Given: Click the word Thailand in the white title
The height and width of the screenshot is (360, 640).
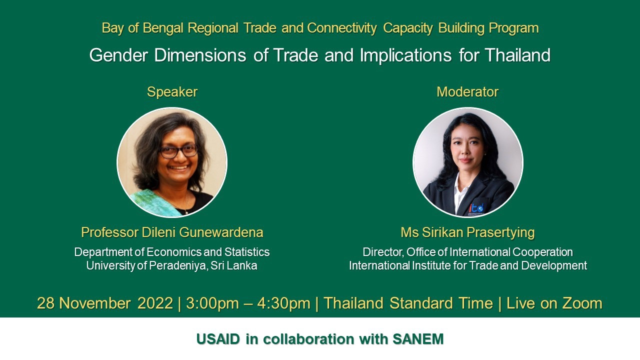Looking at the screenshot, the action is (x=517, y=55).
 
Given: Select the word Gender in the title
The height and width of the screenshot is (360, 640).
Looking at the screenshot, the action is (x=118, y=55).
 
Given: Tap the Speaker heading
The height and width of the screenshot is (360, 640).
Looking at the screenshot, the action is (x=172, y=92).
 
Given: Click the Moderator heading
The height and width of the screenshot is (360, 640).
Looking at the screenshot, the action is (x=467, y=92).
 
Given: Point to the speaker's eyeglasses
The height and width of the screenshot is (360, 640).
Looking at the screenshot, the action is (x=179, y=151).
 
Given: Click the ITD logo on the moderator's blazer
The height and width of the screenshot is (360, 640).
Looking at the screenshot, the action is (x=476, y=208).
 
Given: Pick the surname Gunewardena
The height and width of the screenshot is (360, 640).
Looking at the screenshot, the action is (x=221, y=232).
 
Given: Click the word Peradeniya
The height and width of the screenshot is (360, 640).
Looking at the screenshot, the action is (x=177, y=265).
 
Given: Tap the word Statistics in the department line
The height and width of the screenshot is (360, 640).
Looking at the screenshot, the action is (x=247, y=252).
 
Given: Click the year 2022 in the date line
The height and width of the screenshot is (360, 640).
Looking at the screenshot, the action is (x=155, y=303).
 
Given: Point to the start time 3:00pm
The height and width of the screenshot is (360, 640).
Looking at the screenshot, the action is (x=212, y=303).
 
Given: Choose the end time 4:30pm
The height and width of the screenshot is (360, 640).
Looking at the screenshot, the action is (x=283, y=303).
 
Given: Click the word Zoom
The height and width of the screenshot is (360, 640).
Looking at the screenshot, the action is (x=582, y=303).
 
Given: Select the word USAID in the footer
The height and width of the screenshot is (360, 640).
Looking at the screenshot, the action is (x=218, y=339).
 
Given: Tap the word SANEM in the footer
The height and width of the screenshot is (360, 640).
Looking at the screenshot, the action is (x=418, y=339).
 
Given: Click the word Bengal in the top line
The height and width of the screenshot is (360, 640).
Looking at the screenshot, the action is (x=163, y=28).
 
